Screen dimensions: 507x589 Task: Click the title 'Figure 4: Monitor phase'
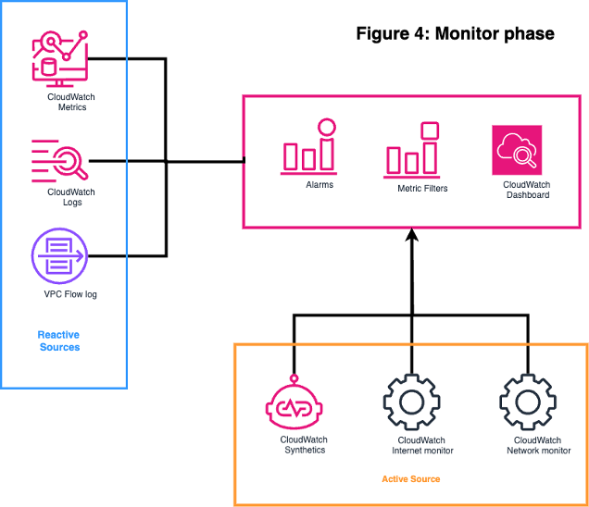tap(455, 34)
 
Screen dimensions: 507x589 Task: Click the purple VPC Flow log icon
tap(58, 256)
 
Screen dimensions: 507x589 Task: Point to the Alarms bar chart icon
tap(309, 147)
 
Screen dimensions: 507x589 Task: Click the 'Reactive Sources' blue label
tap(58, 340)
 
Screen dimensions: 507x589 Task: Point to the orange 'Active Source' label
tap(410, 479)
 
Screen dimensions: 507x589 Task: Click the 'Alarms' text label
tap(320, 186)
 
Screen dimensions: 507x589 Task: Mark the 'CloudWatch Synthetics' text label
tap(304, 445)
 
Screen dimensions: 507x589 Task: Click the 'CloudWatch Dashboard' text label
tap(527, 190)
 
